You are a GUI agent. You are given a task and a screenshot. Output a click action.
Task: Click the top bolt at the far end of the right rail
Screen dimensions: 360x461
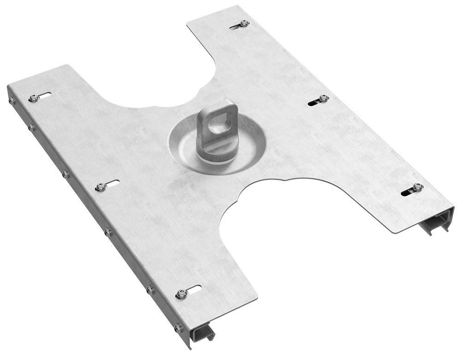tap(245, 23)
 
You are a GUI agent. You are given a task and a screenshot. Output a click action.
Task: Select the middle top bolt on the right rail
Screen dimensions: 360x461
tap(324, 98)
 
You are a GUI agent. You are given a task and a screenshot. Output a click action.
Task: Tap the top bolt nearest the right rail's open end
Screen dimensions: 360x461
tap(417, 187)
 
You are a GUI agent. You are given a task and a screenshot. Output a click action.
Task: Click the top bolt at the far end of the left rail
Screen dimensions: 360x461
tap(33, 98)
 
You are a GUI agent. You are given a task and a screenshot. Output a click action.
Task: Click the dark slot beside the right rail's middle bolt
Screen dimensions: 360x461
tap(314, 101)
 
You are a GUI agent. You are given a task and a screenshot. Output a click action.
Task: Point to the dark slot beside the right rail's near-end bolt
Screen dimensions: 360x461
tap(406, 191)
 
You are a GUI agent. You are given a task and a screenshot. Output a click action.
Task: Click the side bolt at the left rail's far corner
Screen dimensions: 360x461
tap(11, 100)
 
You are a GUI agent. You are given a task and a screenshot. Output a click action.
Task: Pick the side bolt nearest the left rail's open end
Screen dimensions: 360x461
tap(177, 328)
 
